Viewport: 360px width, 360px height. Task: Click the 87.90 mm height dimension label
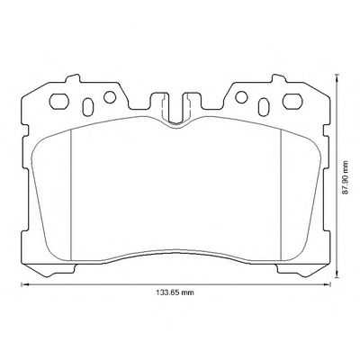[346, 177]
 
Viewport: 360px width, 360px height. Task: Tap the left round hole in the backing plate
[110, 97]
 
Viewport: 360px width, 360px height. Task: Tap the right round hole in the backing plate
[241, 97]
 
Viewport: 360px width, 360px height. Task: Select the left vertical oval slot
[87, 107]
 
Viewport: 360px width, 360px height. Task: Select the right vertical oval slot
[264, 107]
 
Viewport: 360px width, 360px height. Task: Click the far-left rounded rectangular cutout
[59, 101]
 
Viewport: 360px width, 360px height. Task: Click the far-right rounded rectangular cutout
[292, 101]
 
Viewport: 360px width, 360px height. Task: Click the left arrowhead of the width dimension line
[24, 284]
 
